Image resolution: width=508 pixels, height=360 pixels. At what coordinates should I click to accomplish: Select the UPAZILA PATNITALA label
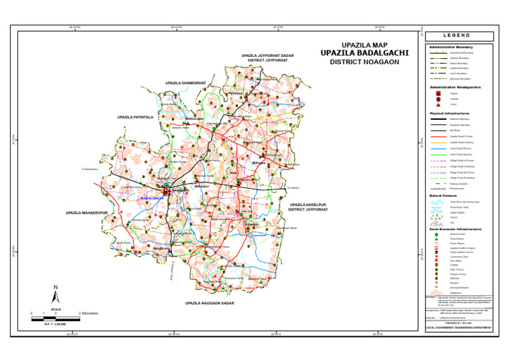pyautogui.click(x=135, y=116)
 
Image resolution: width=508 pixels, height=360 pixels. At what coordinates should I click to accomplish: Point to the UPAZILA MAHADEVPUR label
pyautogui.click(x=87, y=214)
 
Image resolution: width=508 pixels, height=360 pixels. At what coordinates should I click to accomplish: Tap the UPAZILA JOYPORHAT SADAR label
pyautogui.click(x=267, y=55)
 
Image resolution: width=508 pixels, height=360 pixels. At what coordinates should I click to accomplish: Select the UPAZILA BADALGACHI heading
pyautogui.click(x=364, y=53)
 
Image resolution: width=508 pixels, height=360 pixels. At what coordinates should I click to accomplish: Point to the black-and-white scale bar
pyautogui.click(x=56, y=319)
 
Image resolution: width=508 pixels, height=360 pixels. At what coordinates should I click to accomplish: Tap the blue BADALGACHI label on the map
pyautogui.click(x=151, y=199)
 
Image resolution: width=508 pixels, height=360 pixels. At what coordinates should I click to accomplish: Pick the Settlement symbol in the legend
pyautogui.click(x=437, y=292)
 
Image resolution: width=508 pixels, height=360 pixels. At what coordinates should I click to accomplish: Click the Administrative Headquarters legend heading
pyautogui.click(x=455, y=87)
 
